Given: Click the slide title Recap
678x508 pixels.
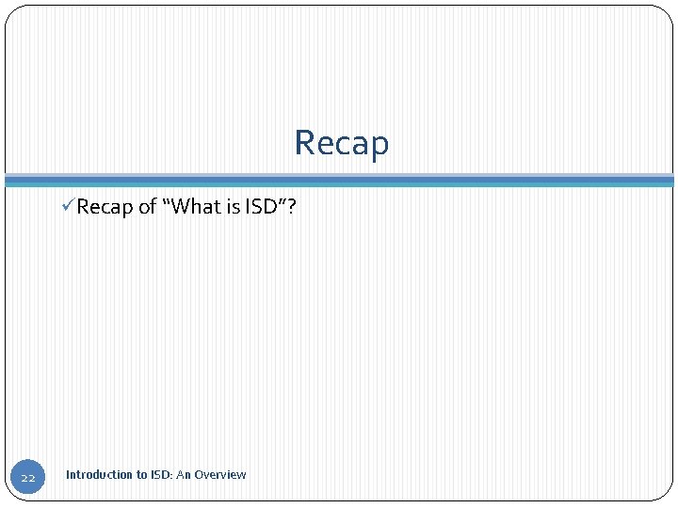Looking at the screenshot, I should pos(341,143).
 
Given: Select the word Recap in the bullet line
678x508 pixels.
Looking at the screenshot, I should pos(105,207).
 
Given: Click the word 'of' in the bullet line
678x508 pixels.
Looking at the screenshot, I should pos(148,207).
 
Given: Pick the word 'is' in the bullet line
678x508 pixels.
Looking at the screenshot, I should pos(233,207).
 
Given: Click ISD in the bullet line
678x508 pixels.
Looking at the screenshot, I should pos(261,207).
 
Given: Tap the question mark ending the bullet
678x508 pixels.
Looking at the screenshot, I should pos(291,207).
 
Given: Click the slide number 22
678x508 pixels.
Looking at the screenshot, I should pos(28,479).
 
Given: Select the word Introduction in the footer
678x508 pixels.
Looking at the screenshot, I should pos(99,475).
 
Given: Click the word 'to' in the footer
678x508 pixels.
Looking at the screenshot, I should pos(141,475).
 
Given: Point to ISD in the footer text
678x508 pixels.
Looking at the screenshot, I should pos(160,475).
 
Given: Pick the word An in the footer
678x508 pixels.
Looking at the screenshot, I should pos(184,475).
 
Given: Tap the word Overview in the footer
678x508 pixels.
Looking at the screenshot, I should pos(220,475).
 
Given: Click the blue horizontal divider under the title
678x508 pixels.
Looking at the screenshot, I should pos(339,180).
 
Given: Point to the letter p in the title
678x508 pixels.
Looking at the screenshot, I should pos(378,146).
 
